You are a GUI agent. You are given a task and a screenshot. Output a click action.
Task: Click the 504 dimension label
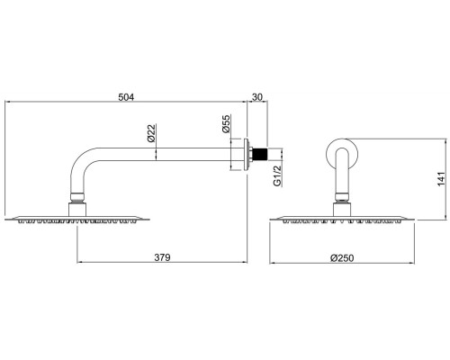(126, 97)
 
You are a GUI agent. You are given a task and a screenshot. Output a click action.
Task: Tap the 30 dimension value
(257, 97)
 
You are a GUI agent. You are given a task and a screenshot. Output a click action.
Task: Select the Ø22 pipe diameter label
(151, 133)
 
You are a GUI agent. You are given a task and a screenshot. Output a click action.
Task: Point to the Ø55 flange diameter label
(226, 123)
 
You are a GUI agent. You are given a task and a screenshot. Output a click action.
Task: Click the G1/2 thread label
(278, 175)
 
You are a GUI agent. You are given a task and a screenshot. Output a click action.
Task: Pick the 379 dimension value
(162, 257)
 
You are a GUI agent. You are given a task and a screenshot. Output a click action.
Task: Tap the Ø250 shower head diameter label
(342, 257)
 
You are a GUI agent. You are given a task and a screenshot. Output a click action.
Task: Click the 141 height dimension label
(441, 179)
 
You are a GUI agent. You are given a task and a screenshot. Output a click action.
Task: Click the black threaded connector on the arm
(260, 154)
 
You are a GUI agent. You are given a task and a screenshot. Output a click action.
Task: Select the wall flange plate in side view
(247, 154)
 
